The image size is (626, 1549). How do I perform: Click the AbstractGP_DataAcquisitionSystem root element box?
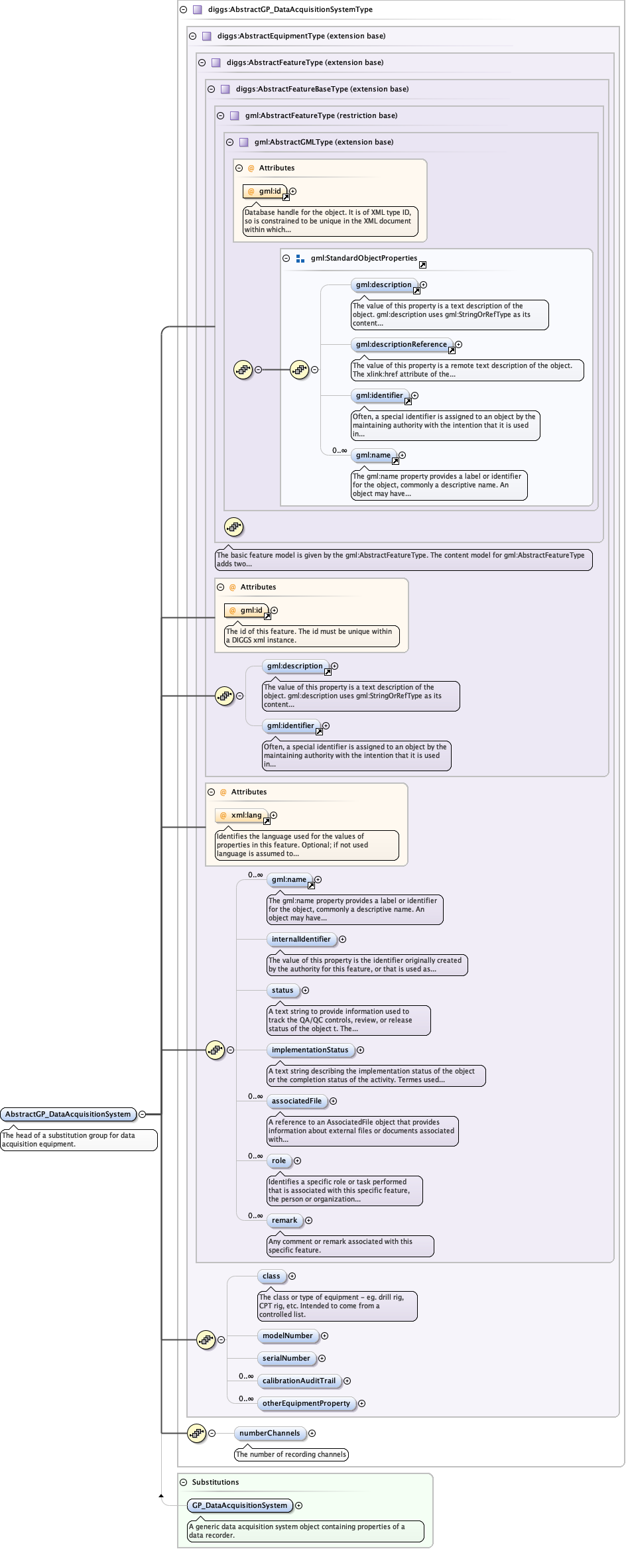pyautogui.click(x=68, y=1114)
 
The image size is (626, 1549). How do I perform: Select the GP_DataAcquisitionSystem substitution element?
pyautogui.click(x=239, y=1505)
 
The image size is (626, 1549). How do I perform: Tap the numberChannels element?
pyautogui.click(x=269, y=1433)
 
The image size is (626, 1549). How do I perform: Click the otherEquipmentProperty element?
pyautogui.click(x=306, y=1403)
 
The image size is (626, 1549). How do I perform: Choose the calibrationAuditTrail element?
pyautogui.click(x=298, y=1381)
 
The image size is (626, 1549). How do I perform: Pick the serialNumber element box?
pyautogui.click(x=286, y=1358)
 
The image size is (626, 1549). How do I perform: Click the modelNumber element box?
pyautogui.click(x=287, y=1335)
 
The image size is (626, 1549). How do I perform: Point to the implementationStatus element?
pyautogui.click(x=310, y=1050)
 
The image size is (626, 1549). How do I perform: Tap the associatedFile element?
pyautogui.click(x=296, y=1101)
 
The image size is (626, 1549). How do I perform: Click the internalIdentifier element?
pyautogui.click(x=301, y=939)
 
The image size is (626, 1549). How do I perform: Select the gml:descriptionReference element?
pyautogui.click(x=401, y=344)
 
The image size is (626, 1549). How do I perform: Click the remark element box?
pyautogui.click(x=284, y=1220)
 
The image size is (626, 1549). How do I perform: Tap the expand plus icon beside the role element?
pyautogui.click(x=297, y=1160)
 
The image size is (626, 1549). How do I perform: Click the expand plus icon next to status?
pyautogui.click(x=305, y=990)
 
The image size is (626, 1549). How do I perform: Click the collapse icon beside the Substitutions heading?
pyautogui.click(x=184, y=1482)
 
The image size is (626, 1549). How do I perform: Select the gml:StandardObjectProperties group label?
pyautogui.click(x=363, y=258)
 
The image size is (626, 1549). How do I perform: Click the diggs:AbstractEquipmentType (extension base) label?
pyautogui.click(x=301, y=36)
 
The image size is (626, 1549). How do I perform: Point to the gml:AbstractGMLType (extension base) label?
pyautogui.click(x=324, y=142)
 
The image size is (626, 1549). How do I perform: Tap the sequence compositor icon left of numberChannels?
pyautogui.click(x=196, y=1433)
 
